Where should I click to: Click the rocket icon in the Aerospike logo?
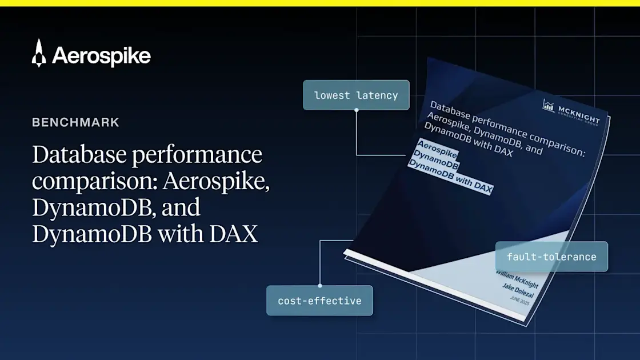(39, 53)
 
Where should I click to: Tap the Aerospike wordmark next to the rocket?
(101, 55)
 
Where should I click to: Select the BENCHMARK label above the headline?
(75, 122)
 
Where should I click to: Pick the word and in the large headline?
(181, 207)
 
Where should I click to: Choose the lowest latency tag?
(356, 95)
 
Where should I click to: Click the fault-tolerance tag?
(551, 257)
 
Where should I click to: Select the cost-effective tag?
(319, 301)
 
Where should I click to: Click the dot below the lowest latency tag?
(357, 110)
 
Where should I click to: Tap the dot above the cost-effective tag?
(319, 285)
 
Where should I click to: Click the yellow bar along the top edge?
(320, 3)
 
